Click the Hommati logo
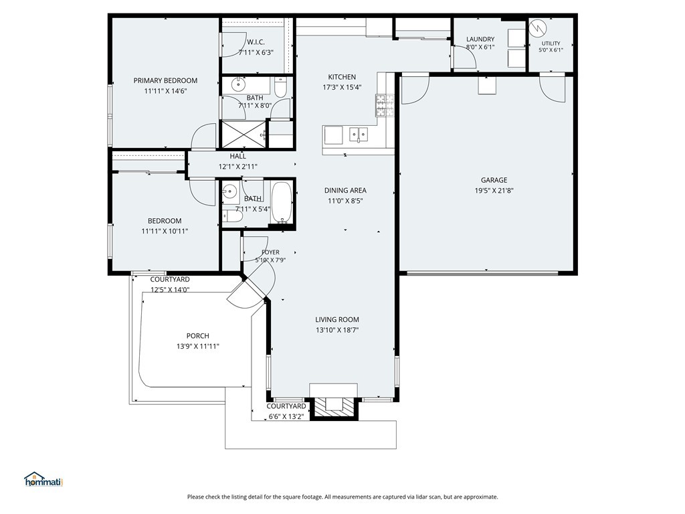[43, 479]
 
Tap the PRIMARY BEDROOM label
[165, 81]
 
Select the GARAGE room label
[494, 180]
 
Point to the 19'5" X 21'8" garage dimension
[494, 190]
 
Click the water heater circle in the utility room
[538, 28]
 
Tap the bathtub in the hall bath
[282, 203]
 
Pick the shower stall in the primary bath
[243, 134]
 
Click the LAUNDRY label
[480, 39]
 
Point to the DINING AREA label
[345, 190]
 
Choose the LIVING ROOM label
[337, 320]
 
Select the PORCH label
[197, 336]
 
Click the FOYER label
[270, 252]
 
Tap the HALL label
[237, 156]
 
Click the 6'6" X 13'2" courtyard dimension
[286, 416]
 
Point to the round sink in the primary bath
[237, 84]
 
